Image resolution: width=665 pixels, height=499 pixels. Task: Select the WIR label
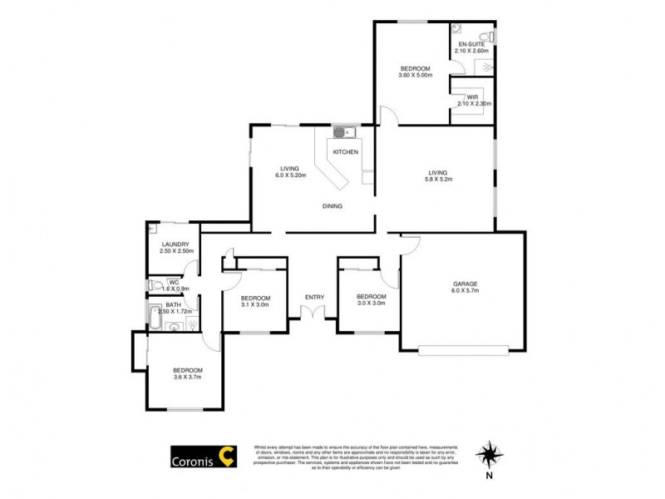click(x=472, y=97)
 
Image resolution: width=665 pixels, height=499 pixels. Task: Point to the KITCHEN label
click(x=346, y=152)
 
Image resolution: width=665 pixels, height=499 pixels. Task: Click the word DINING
click(x=333, y=206)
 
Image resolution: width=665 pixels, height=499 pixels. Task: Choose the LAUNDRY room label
click(x=176, y=245)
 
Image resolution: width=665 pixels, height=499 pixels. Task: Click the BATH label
click(x=173, y=305)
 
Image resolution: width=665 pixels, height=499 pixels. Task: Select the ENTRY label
click(x=314, y=297)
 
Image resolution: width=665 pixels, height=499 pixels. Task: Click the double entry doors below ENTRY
click(x=313, y=314)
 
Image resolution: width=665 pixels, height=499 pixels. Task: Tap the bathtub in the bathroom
click(x=155, y=315)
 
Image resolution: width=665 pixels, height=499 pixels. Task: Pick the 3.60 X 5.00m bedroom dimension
click(x=416, y=76)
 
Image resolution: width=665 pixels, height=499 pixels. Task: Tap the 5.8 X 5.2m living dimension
click(x=439, y=178)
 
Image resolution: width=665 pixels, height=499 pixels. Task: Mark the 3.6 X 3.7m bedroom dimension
click(x=187, y=378)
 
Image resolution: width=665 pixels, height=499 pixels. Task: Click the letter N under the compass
click(x=490, y=476)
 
